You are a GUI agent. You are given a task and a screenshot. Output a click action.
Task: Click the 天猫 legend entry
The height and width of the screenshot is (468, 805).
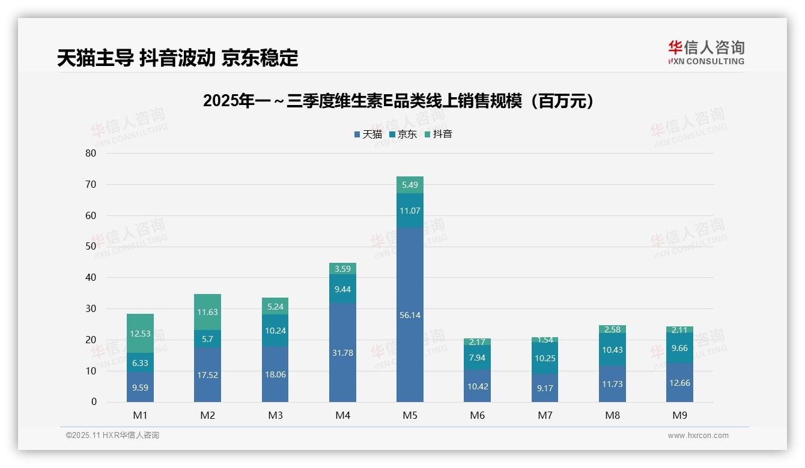coord(368,134)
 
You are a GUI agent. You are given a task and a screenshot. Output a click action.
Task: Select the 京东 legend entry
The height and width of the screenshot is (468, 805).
coord(403,134)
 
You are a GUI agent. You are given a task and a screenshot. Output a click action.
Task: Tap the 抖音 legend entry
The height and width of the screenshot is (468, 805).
coord(439,134)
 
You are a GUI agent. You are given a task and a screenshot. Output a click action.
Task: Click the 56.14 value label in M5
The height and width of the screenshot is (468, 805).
coord(410,315)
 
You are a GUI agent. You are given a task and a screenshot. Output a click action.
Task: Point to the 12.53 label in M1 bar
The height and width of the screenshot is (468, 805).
coord(140,334)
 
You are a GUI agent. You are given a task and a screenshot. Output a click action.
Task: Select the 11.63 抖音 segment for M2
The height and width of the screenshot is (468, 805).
coord(207,312)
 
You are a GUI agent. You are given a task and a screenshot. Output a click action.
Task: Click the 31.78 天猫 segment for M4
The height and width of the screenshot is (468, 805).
coord(342,353)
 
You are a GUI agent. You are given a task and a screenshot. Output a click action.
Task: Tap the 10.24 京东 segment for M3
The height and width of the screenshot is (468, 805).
coord(275,330)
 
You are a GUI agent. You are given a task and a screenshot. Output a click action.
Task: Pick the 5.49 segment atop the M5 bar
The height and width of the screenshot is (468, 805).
coord(410,185)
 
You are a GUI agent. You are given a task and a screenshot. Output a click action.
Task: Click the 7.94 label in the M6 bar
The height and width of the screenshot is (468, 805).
coord(477,358)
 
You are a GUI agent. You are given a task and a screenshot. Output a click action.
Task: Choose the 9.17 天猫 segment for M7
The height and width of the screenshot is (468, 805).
coord(544,388)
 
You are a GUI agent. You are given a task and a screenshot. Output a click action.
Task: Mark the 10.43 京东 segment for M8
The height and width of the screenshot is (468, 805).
coord(612,350)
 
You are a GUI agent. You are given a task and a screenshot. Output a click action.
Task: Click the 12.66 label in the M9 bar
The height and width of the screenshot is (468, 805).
coord(679,383)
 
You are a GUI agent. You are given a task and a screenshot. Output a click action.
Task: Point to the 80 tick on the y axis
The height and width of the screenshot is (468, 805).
coord(91,153)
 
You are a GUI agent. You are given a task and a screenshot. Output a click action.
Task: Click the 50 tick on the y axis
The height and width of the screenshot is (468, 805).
coord(91,247)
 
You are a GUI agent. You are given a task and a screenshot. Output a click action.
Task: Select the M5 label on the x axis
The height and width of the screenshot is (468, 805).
coord(410,415)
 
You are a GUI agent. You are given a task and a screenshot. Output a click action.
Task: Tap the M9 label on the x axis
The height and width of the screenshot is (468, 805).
coord(679,415)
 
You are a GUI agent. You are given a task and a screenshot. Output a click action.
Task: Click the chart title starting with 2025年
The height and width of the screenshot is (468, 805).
coord(402,101)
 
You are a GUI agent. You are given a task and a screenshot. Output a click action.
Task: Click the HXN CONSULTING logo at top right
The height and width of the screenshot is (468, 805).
coord(706,53)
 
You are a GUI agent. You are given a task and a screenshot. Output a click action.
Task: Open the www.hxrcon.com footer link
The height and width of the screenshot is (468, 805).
coord(698,436)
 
